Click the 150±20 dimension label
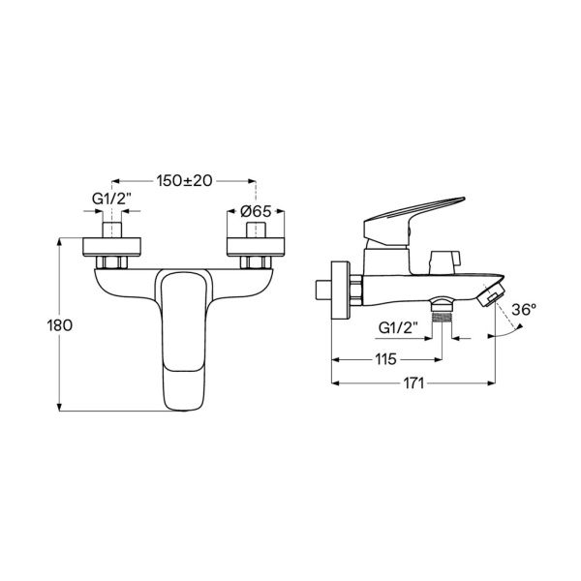pyautogui.click(x=184, y=181)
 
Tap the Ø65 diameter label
pyautogui.click(x=256, y=211)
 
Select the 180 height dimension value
pyautogui.click(x=60, y=325)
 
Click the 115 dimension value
pyautogui.click(x=385, y=359)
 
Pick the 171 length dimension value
pyautogui.click(x=413, y=383)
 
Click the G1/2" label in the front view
pyautogui.click(x=111, y=199)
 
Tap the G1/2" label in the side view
pyautogui.click(x=398, y=327)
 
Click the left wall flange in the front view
pyautogui.click(x=111, y=246)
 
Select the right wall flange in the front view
pyautogui.click(x=256, y=246)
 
